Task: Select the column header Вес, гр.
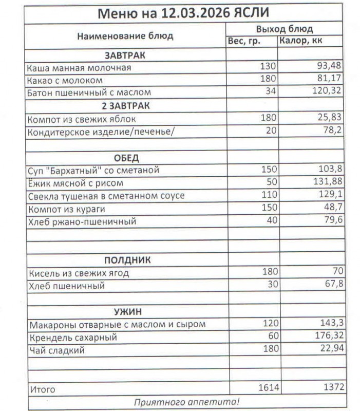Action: point(244,41)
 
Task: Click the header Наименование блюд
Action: point(125,36)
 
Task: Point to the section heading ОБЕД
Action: point(125,157)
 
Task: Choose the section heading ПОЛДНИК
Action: point(127,260)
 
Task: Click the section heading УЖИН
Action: point(127,311)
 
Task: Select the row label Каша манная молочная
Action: point(80,67)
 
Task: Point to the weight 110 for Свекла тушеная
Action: point(269,195)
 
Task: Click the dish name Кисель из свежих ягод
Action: point(79,272)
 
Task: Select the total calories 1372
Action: point(330,387)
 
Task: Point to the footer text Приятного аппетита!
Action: point(186,402)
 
